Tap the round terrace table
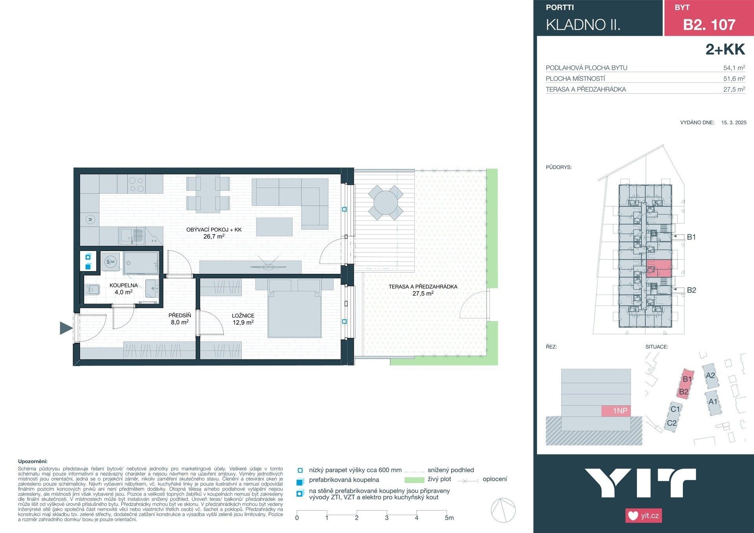pos(385,203)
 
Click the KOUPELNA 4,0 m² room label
pos(124,289)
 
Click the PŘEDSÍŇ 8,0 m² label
pos(180,319)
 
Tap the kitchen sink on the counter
pos(132,235)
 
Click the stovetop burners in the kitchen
pos(137,184)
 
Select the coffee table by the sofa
pos(274,227)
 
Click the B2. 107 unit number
pos(709,25)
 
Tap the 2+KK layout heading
pos(725,49)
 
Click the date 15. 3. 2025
pos(734,123)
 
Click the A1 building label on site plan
pos(713,401)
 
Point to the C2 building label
pos(672,423)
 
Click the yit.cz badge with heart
pos(644,515)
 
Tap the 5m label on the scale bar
pos(449,518)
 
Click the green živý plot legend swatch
pos(414,480)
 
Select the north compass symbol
pos(503,510)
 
